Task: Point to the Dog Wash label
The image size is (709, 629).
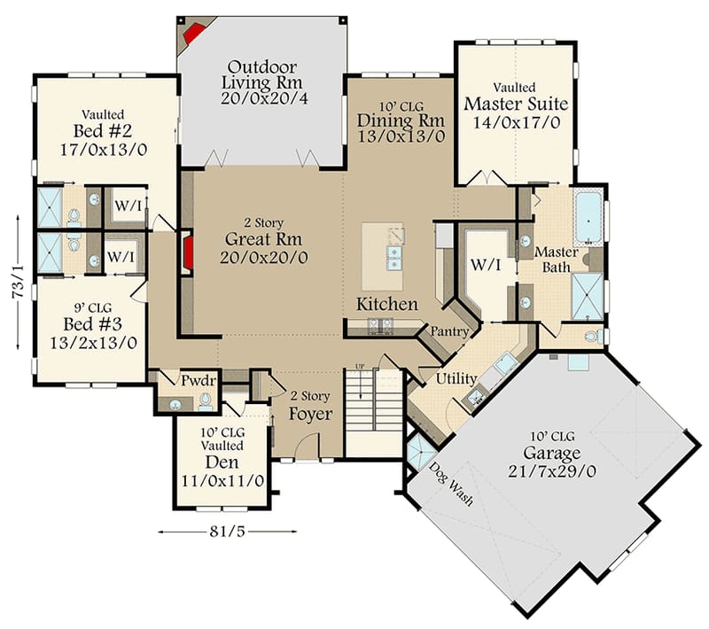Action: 451,485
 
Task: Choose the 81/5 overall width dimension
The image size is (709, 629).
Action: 227,532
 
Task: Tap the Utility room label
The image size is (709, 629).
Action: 456,379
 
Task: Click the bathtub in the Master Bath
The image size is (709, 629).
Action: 588,218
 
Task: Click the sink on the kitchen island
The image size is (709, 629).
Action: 391,258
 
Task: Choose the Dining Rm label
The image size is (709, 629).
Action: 400,120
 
